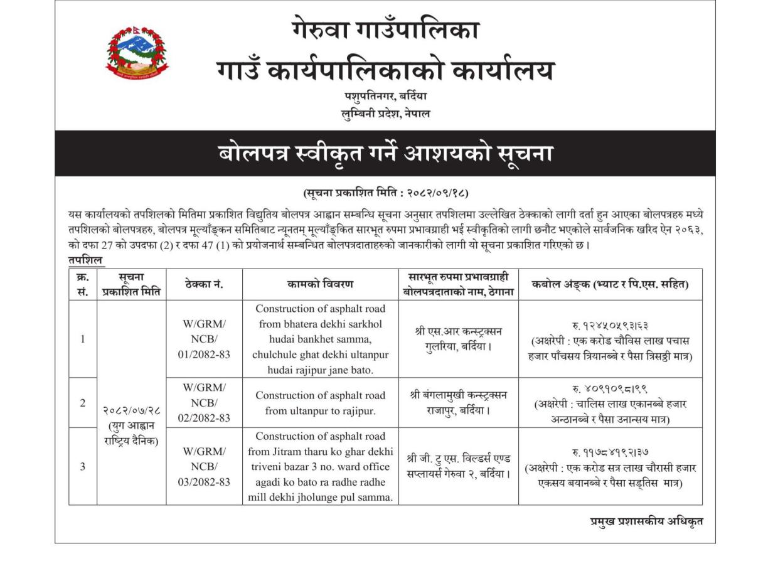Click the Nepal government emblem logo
[137, 53]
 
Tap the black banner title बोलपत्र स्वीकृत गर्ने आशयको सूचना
[385, 153]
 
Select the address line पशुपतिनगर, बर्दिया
[385, 97]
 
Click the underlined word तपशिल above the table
[87, 260]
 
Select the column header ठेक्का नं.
[204, 284]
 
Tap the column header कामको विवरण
[320, 284]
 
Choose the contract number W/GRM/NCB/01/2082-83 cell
[204, 339]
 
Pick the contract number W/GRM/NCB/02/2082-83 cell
[204, 402]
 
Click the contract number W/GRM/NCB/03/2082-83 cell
[204, 466]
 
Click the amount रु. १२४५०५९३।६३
[610, 326]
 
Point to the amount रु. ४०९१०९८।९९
[610, 389]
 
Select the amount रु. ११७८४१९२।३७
[610, 452]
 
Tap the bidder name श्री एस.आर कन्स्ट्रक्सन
[459, 331]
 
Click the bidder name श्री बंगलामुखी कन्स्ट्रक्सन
[459, 395]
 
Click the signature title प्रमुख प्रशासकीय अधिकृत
[646, 521]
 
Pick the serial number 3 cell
[83, 466]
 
